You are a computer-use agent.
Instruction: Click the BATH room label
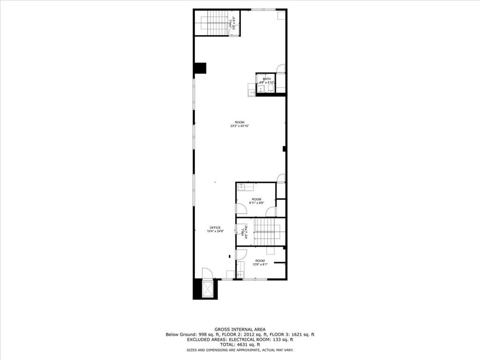267,79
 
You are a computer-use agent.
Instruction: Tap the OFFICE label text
215,228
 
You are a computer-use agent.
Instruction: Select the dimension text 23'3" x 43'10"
239,126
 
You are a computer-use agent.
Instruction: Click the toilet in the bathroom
270,88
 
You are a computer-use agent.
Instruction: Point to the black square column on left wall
200,68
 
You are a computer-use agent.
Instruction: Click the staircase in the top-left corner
217,22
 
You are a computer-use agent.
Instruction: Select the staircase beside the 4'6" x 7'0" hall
266,232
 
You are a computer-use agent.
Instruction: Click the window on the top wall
263,9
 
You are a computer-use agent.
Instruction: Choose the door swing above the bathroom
281,68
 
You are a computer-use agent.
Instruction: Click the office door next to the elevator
207,273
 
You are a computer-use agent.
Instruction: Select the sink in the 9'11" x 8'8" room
245,187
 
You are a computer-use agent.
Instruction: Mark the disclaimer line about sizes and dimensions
240,350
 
